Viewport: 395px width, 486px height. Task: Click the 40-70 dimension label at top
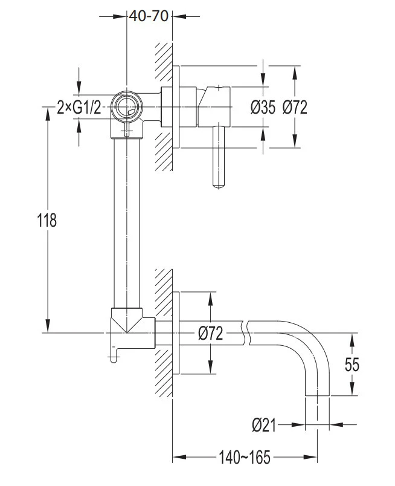(x=149, y=16)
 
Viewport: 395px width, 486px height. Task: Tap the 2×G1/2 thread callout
(x=79, y=108)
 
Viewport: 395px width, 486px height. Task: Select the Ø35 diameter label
(x=263, y=108)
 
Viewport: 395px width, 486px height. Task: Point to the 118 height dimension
(x=47, y=221)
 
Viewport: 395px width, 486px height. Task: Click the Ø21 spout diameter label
(x=264, y=425)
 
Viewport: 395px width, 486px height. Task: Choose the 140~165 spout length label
(x=245, y=458)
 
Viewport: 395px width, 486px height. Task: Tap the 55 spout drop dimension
(x=352, y=364)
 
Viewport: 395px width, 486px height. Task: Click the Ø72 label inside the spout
(x=210, y=334)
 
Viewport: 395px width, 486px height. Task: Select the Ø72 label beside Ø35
(x=295, y=108)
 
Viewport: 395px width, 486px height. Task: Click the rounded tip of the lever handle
(x=219, y=186)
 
